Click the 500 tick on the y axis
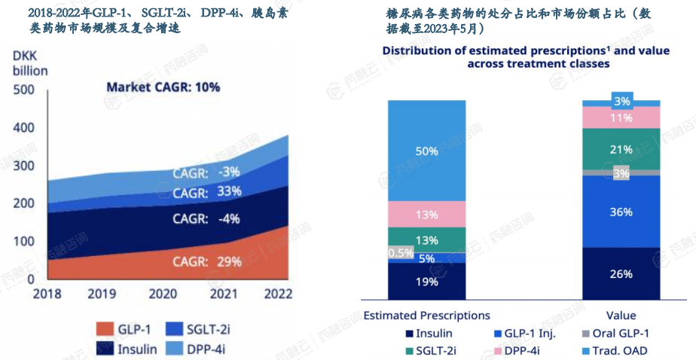(x=25, y=90)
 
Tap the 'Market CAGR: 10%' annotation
(x=163, y=87)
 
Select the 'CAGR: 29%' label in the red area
(x=206, y=262)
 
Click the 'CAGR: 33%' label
(x=206, y=192)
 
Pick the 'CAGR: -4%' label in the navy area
(x=206, y=219)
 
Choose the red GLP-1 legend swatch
(x=104, y=328)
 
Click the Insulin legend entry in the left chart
(x=127, y=349)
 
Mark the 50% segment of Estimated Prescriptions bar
(x=426, y=151)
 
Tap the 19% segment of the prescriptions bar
(x=426, y=282)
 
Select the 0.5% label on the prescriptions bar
(x=401, y=253)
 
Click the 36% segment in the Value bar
(x=621, y=212)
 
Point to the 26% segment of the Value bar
(x=621, y=273)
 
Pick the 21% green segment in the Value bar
(x=621, y=149)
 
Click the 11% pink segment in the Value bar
(x=621, y=117)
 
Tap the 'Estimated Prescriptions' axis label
(x=426, y=316)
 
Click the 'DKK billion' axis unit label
(x=30, y=63)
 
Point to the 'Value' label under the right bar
(x=621, y=316)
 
